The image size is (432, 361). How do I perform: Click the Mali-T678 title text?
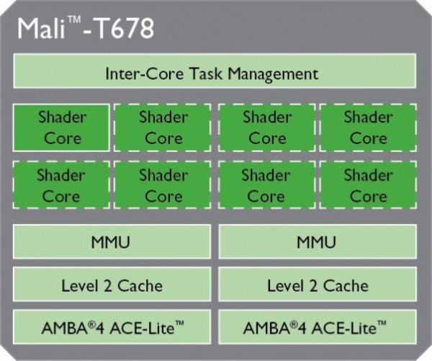84,29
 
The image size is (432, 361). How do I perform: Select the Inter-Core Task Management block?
215,73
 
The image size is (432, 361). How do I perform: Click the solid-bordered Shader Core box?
62,127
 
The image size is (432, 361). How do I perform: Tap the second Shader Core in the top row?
163,127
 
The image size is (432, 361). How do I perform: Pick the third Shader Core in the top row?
266,127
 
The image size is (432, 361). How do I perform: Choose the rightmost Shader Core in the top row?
368,127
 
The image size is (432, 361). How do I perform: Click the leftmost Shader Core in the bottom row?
61,184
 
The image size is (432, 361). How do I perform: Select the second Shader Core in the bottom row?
163,184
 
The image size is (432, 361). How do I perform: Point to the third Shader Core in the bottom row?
266,184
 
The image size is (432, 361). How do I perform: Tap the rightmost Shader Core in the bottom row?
368,184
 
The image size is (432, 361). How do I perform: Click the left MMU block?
112,242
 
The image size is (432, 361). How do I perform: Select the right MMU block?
318,242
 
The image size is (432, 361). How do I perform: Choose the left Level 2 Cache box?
112,285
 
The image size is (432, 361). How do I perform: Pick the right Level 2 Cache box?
318,285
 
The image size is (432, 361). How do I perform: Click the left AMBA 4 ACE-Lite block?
112,329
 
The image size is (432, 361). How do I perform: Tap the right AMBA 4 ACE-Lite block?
318,329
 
